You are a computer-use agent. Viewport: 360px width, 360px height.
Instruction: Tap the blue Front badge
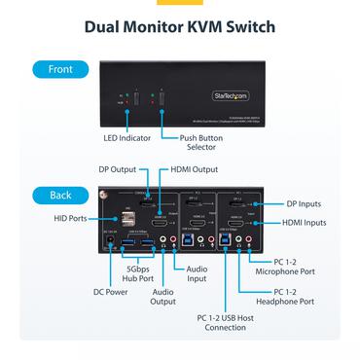tap(59, 70)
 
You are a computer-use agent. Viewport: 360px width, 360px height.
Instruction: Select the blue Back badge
tap(59, 195)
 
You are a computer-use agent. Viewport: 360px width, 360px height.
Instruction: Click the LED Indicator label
tap(126, 138)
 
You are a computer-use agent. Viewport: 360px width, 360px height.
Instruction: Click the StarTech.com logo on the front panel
tap(232, 95)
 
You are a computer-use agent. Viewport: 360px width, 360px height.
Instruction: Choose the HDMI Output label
tap(196, 168)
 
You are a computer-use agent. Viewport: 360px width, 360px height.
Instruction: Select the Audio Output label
tap(162, 297)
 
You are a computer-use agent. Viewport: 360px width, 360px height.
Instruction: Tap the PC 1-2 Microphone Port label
tap(306, 266)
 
